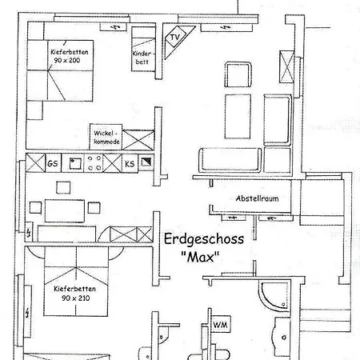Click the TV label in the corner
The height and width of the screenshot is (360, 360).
174,38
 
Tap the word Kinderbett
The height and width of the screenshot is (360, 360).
142,58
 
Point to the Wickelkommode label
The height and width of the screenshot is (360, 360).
106,137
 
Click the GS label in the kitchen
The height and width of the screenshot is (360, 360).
54,163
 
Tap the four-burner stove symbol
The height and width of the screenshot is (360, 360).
94,163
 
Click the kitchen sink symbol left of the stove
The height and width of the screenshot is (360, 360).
74,163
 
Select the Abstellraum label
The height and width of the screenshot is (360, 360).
256,198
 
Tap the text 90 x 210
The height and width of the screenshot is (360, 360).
70,297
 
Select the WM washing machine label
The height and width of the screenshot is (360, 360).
219,324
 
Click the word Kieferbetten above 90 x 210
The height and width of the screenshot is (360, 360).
70,286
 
